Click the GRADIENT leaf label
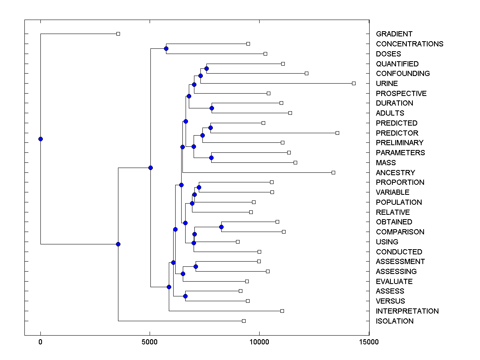pos(394,34)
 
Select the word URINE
pos(387,84)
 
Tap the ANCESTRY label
pos(395,173)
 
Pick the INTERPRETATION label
pos(407,311)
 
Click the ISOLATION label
pos(394,321)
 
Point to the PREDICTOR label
pos(397,133)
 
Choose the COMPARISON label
pos(400,232)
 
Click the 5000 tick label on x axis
pos(150,342)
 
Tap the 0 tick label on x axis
pos(40,342)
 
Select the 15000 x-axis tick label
pos(369,342)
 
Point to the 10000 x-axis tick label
pos(259,342)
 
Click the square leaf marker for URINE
pos(354,83)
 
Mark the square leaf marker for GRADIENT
pos(118,34)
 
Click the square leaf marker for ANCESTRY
pos(333,172)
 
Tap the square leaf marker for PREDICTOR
pos(337,133)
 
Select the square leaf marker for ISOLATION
pos(244,321)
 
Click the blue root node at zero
pos(40,139)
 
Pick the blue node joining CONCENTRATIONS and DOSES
pos(166,48)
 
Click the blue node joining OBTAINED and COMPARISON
pos(221,227)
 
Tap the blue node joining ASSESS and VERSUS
pos(185,296)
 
